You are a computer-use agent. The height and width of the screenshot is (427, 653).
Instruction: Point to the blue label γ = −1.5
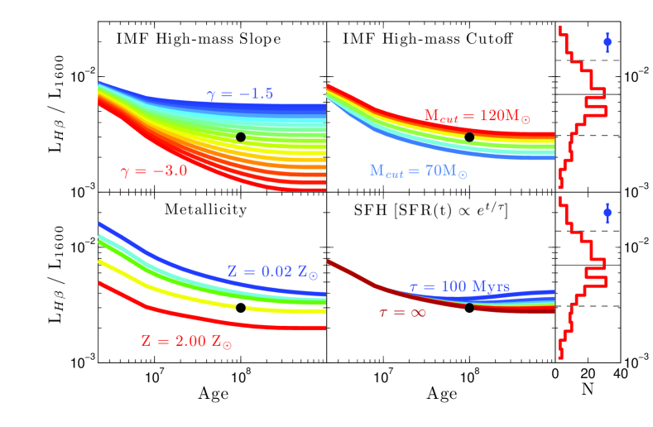click(241, 94)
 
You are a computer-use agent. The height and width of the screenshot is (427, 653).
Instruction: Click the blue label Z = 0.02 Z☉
click(266, 271)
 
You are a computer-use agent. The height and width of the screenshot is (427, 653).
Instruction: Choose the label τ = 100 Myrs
click(459, 287)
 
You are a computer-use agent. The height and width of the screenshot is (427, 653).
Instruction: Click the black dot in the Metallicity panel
click(241, 308)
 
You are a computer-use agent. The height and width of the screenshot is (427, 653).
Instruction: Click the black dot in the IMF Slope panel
click(241, 137)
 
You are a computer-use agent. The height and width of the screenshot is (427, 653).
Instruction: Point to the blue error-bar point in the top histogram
click(607, 41)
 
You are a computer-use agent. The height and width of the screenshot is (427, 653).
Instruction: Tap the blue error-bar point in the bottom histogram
click(607, 213)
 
